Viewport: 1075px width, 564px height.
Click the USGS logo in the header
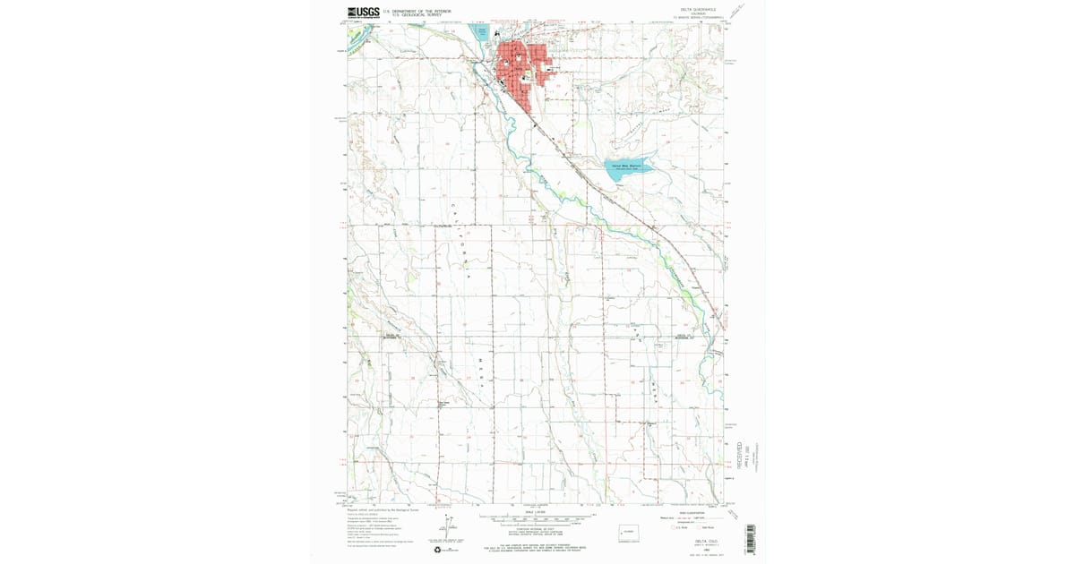[362, 13]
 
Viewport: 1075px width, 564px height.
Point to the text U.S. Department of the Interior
[417, 11]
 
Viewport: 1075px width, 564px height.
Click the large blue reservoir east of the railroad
[628, 170]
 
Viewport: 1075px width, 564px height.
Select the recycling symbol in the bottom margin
[438, 550]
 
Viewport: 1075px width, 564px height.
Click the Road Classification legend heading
[694, 512]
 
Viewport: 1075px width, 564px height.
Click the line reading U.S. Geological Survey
[417, 15]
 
